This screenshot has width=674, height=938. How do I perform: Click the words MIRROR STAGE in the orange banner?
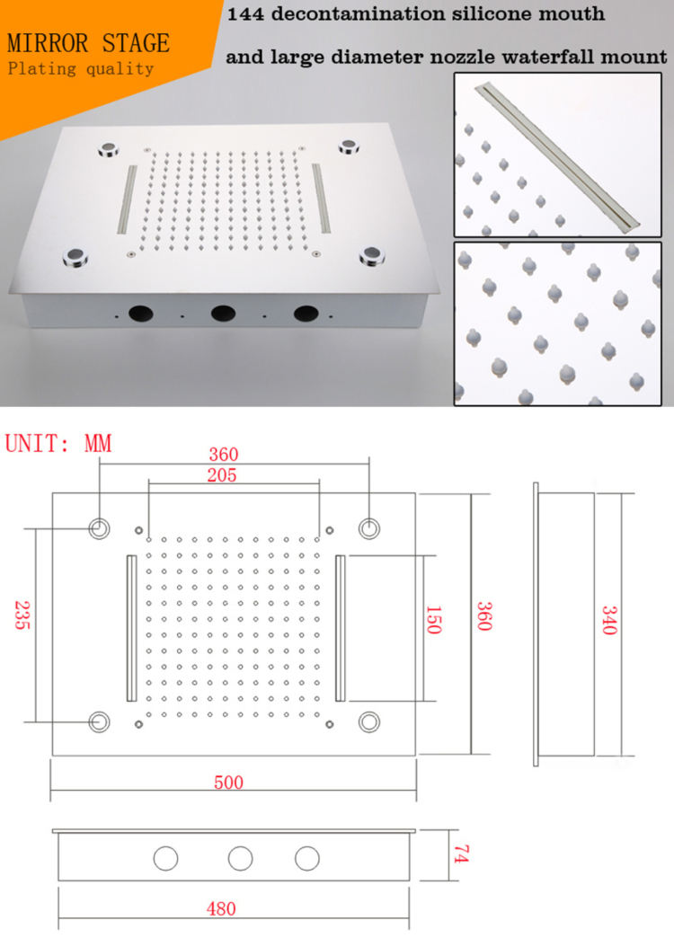click(x=87, y=42)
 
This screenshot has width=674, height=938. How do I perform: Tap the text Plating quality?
click(x=80, y=68)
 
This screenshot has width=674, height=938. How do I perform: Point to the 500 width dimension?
click(x=228, y=782)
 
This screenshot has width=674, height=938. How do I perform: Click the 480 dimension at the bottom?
click(x=221, y=908)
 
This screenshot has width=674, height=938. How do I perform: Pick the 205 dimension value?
click(x=221, y=475)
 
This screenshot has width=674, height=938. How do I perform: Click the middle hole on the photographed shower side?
click(x=223, y=314)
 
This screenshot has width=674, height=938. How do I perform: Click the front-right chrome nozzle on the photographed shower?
click(x=372, y=259)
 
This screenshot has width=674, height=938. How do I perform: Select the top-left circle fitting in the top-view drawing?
click(x=99, y=528)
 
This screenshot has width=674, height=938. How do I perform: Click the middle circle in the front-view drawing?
click(x=240, y=858)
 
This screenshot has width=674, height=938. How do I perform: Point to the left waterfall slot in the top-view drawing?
click(x=131, y=628)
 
